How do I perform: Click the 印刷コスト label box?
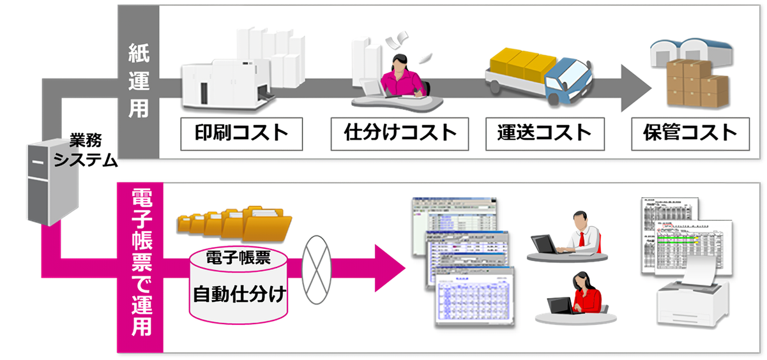point(241,133)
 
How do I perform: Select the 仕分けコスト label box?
point(400,133)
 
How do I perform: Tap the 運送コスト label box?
point(544,133)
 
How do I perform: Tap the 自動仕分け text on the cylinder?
point(239,295)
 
